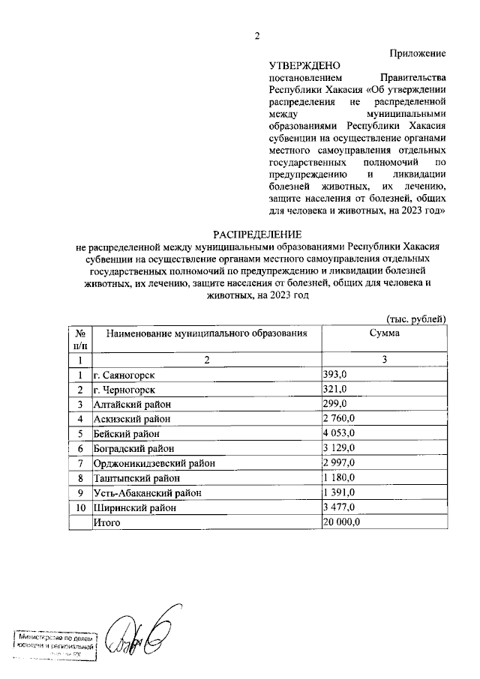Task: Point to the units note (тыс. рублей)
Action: click(417, 319)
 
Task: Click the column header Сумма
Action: click(384, 332)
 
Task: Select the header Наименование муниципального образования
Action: click(206, 332)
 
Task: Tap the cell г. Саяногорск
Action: click(125, 375)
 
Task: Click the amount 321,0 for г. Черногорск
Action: click(334, 389)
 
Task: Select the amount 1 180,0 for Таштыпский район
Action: click(338, 478)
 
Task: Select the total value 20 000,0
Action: click(342, 522)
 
